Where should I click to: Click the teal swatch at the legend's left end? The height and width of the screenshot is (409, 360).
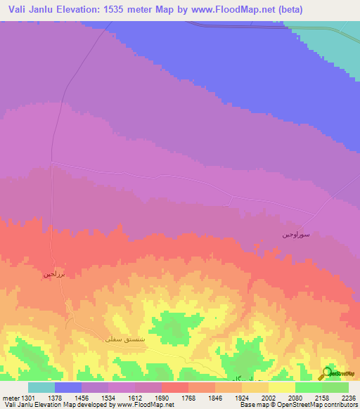point(41,387)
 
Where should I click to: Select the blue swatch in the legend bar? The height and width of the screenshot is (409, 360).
point(68,387)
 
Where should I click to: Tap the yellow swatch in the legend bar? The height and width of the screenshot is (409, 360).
point(282,387)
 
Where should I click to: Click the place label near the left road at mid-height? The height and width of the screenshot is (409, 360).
point(54,273)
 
